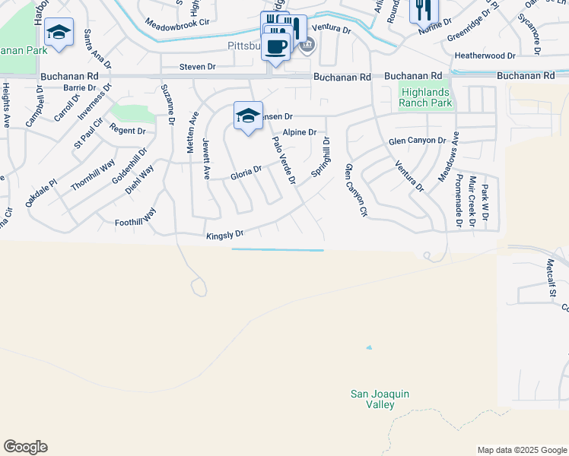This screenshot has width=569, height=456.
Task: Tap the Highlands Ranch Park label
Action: click(426, 97)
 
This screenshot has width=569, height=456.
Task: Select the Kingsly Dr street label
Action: click(224, 236)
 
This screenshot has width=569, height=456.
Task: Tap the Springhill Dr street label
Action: click(320, 158)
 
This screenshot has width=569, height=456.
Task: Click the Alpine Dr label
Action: click(299, 132)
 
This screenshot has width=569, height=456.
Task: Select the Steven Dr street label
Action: click(197, 67)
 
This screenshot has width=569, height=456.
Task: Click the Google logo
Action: click(25, 447)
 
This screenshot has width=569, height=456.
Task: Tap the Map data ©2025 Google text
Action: click(521, 450)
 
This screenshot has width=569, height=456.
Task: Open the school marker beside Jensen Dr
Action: click(248, 116)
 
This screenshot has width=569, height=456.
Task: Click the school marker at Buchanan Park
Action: click(59, 33)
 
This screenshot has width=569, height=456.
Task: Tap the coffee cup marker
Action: click(276, 46)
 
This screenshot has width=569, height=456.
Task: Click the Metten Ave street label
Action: click(192, 134)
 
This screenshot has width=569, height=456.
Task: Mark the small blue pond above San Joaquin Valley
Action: click(369, 348)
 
